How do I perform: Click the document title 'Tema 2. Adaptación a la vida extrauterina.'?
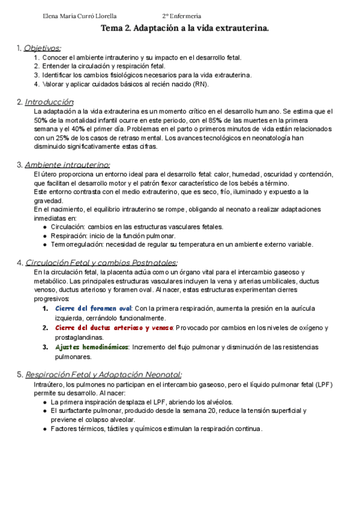[x=184, y=28]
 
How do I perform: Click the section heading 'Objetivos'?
[x=42, y=47]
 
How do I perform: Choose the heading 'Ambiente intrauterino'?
[x=67, y=164]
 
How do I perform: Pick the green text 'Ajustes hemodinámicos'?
[x=92, y=347]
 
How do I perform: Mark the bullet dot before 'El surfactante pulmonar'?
[x=45, y=411]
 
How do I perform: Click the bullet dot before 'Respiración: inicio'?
[x=45, y=236]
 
